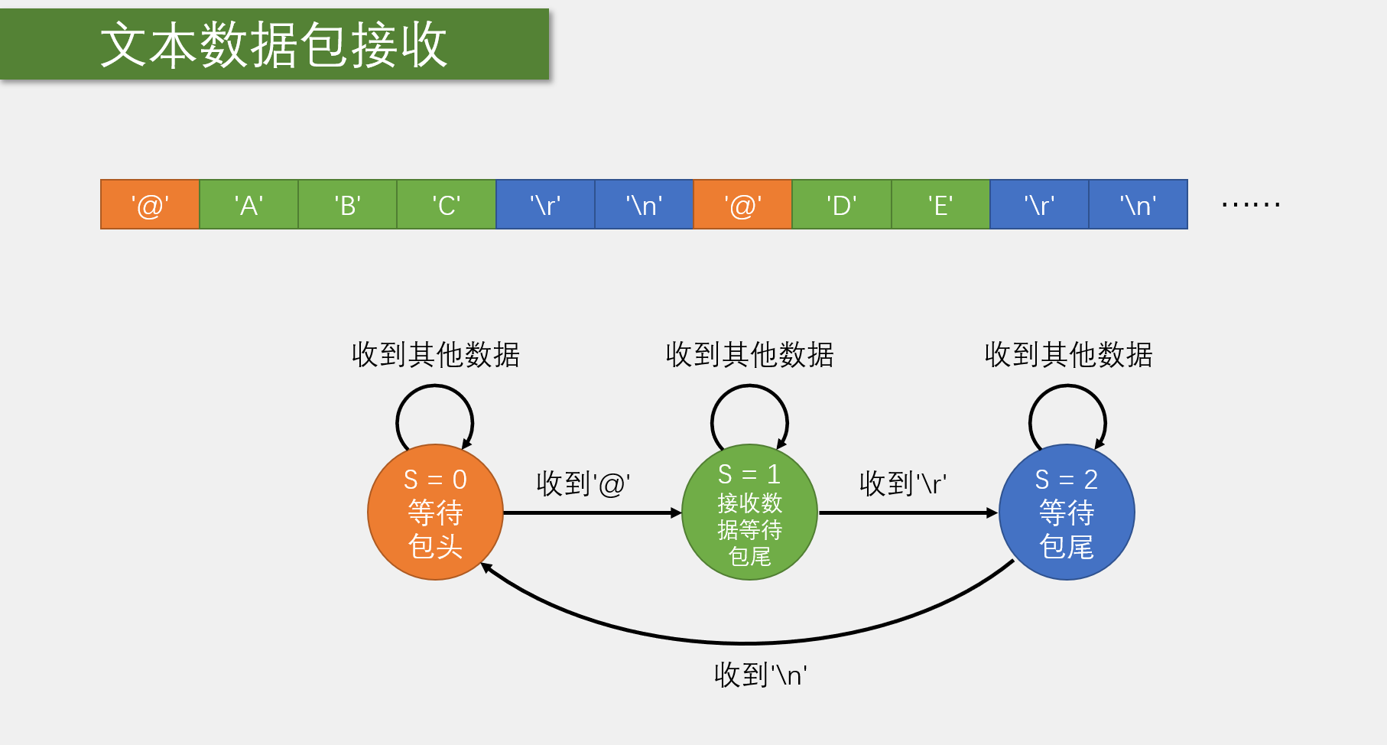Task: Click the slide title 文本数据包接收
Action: point(274,44)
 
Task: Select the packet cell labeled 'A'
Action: point(248,205)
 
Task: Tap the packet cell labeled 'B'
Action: point(347,205)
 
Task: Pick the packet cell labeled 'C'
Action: point(446,205)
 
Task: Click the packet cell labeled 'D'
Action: point(841,205)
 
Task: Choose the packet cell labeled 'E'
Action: point(940,205)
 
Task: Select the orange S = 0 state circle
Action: point(435,512)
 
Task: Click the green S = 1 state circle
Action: point(749,512)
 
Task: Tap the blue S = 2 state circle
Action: point(1067,512)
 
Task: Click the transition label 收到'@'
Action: point(583,483)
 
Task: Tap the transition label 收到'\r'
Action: point(903,483)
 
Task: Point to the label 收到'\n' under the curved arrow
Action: point(761,675)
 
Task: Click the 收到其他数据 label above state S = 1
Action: point(749,355)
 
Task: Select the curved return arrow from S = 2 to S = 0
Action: point(745,643)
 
